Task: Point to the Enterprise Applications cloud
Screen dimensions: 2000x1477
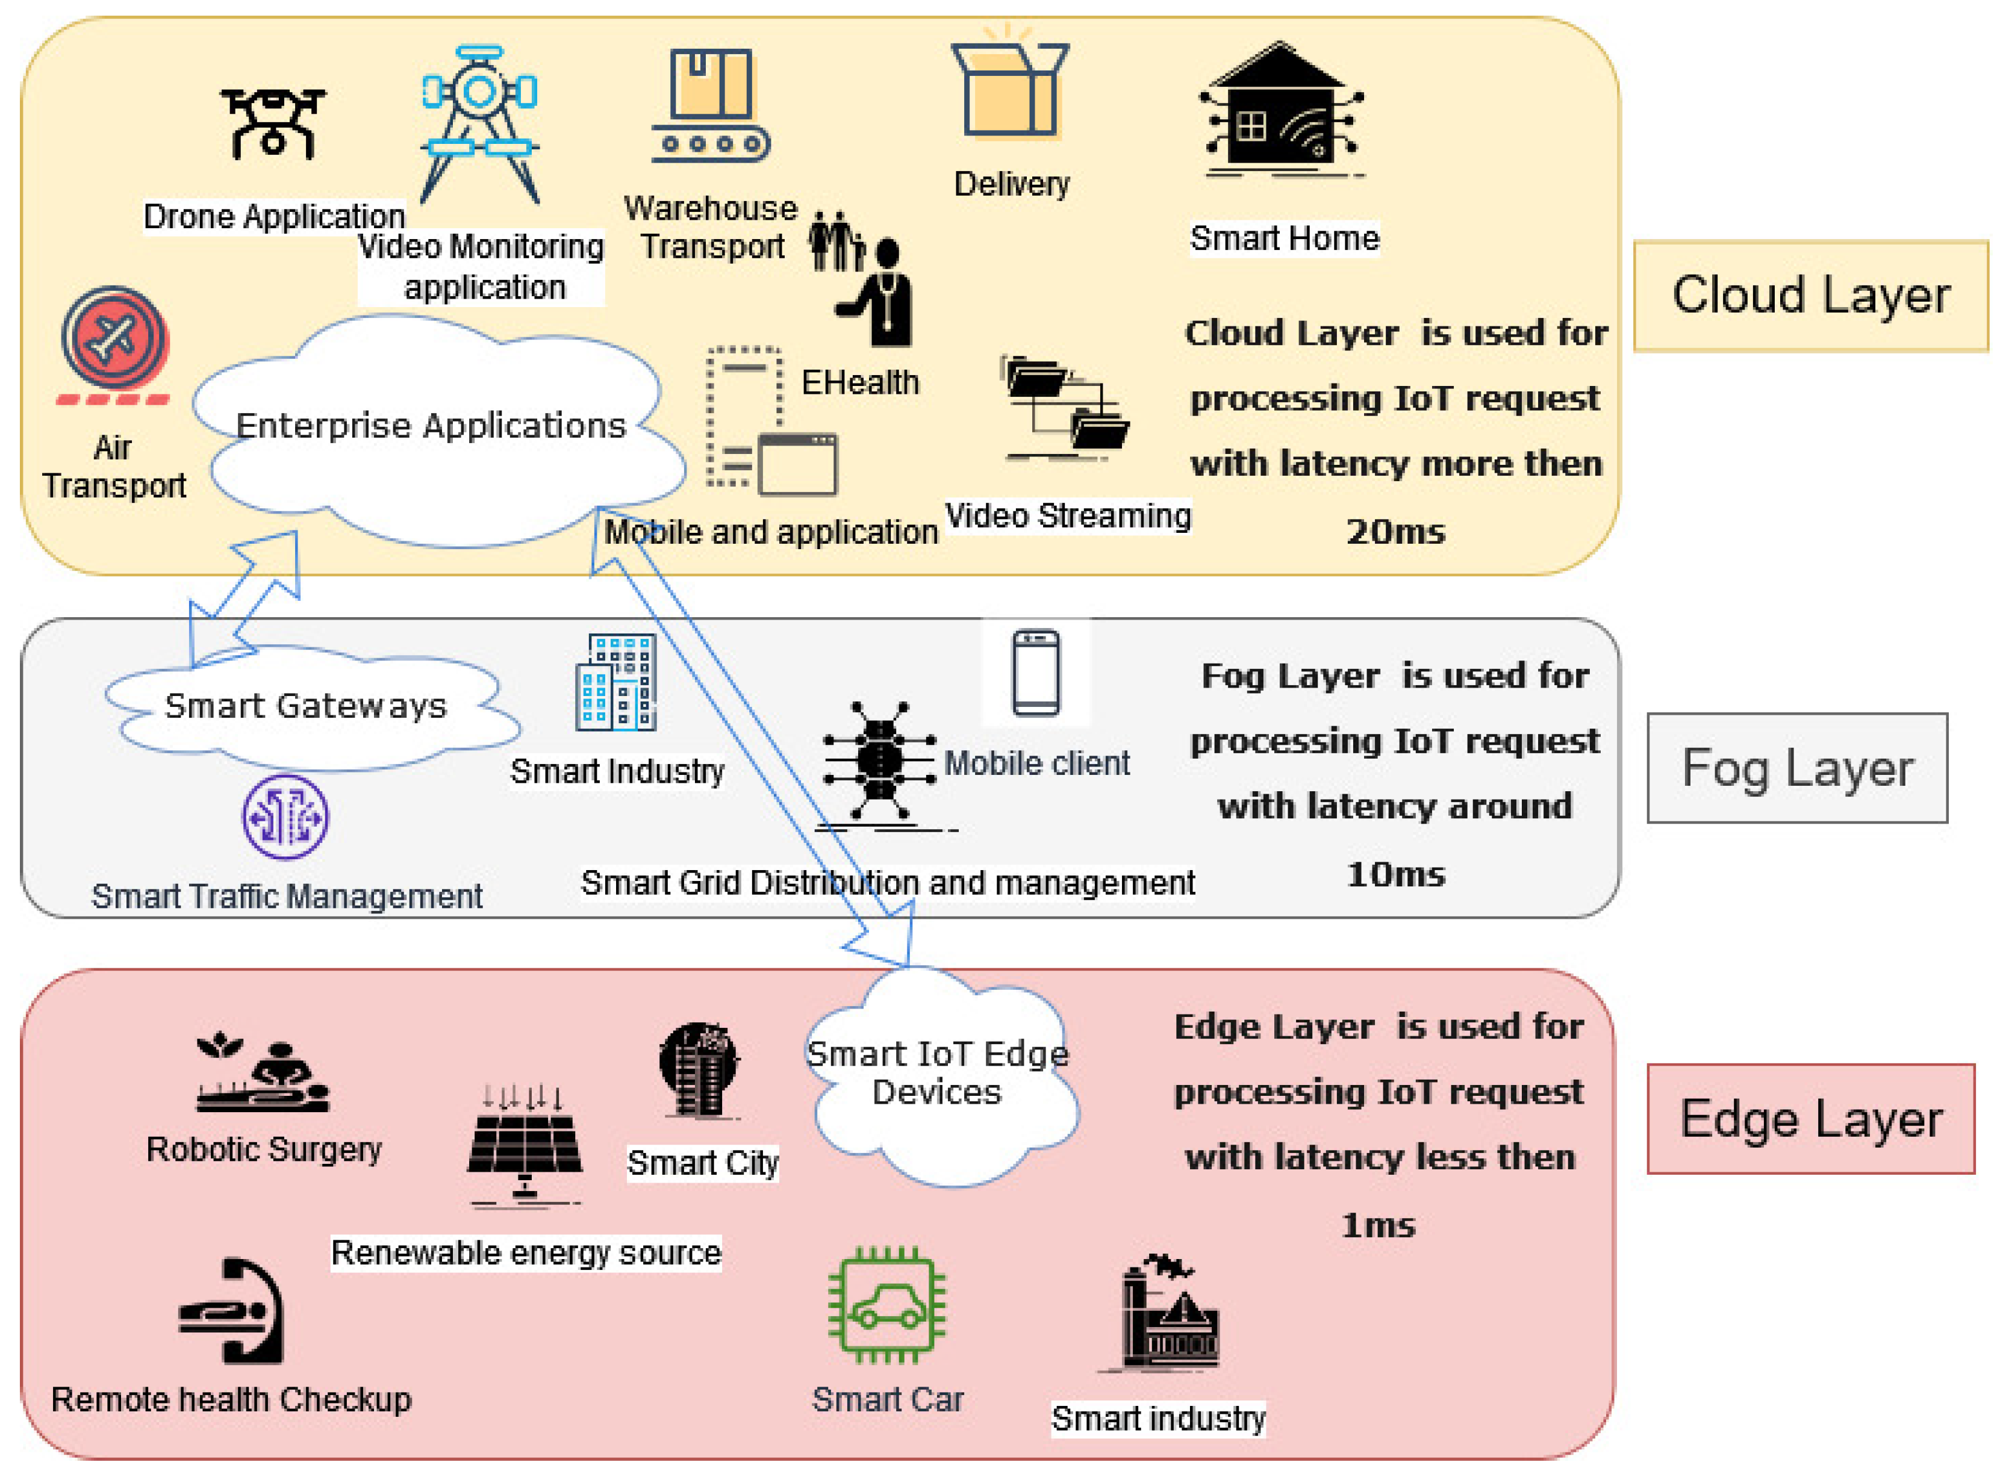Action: click(x=437, y=429)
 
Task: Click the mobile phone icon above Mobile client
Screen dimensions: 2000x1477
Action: click(x=1036, y=673)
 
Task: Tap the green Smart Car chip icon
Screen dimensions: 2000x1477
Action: click(x=887, y=1305)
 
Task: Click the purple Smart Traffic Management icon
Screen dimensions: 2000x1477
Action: click(x=285, y=817)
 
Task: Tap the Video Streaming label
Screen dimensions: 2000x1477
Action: click(x=1068, y=516)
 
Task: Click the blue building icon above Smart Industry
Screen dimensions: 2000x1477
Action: click(x=616, y=683)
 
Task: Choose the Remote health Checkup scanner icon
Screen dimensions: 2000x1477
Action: click(x=231, y=1311)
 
